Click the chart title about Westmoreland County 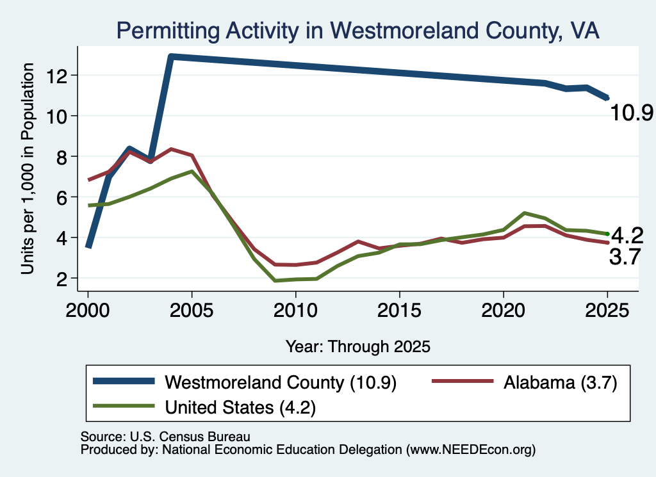[x=357, y=31]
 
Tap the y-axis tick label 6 [x=61, y=197]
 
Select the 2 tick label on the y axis [x=61, y=279]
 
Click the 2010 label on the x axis [x=295, y=311]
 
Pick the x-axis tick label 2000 [x=88, y=311]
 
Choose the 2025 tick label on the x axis [x=607, y=311]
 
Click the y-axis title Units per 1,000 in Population [x=28, y=168]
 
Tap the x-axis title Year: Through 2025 [x=358, y=346]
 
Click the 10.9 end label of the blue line [x=632, y=113]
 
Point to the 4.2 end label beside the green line [x=627, y=236]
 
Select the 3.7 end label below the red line [x=625, y=256]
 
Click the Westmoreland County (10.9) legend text [x=281, y=382]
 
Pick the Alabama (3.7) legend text [x=560, y=382]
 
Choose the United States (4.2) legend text [x=240, y=407]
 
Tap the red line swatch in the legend [x=463, y=381]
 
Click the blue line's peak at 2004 [x=171, y=56]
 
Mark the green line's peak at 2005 [x=192, y=172]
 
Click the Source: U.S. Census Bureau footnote [x=165, y=437]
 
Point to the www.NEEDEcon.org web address [x=471, y=450]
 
